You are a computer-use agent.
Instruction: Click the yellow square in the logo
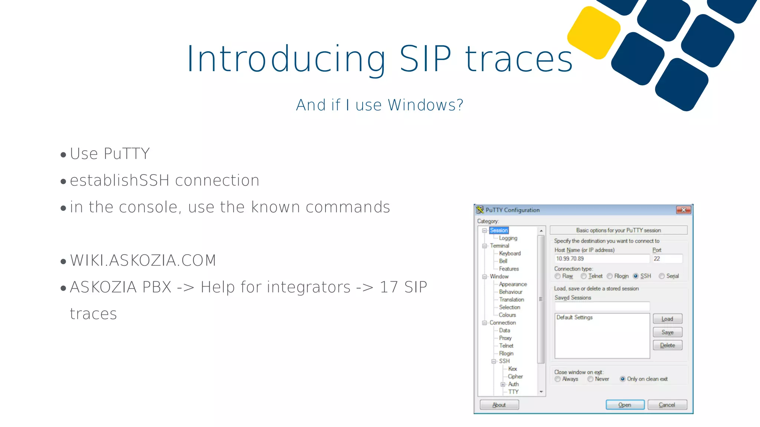point(594,33)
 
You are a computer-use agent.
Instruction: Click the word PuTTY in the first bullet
point(127,154)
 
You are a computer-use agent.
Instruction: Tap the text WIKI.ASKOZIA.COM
point(143,261)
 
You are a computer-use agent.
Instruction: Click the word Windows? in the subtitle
point(426,105)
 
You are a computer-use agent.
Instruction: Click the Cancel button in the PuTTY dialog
point(667,405)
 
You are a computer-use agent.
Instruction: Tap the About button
point(499,405)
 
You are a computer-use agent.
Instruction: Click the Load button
point(667,319)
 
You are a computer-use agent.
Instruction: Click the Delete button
point(667,345)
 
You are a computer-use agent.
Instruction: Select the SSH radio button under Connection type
point(636,276)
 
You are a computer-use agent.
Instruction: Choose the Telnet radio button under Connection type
point(584,276)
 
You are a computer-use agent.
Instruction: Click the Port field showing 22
point(667,259)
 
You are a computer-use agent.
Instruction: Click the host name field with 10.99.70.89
point(601,259)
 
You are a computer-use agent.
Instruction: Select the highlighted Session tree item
point(498,230)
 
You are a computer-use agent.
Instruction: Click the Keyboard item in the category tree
point(510,253)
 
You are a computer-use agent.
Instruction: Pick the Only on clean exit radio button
point(622,379)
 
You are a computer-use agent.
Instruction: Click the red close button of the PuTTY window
point(683,210)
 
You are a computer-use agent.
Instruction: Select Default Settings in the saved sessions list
point(574,317)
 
